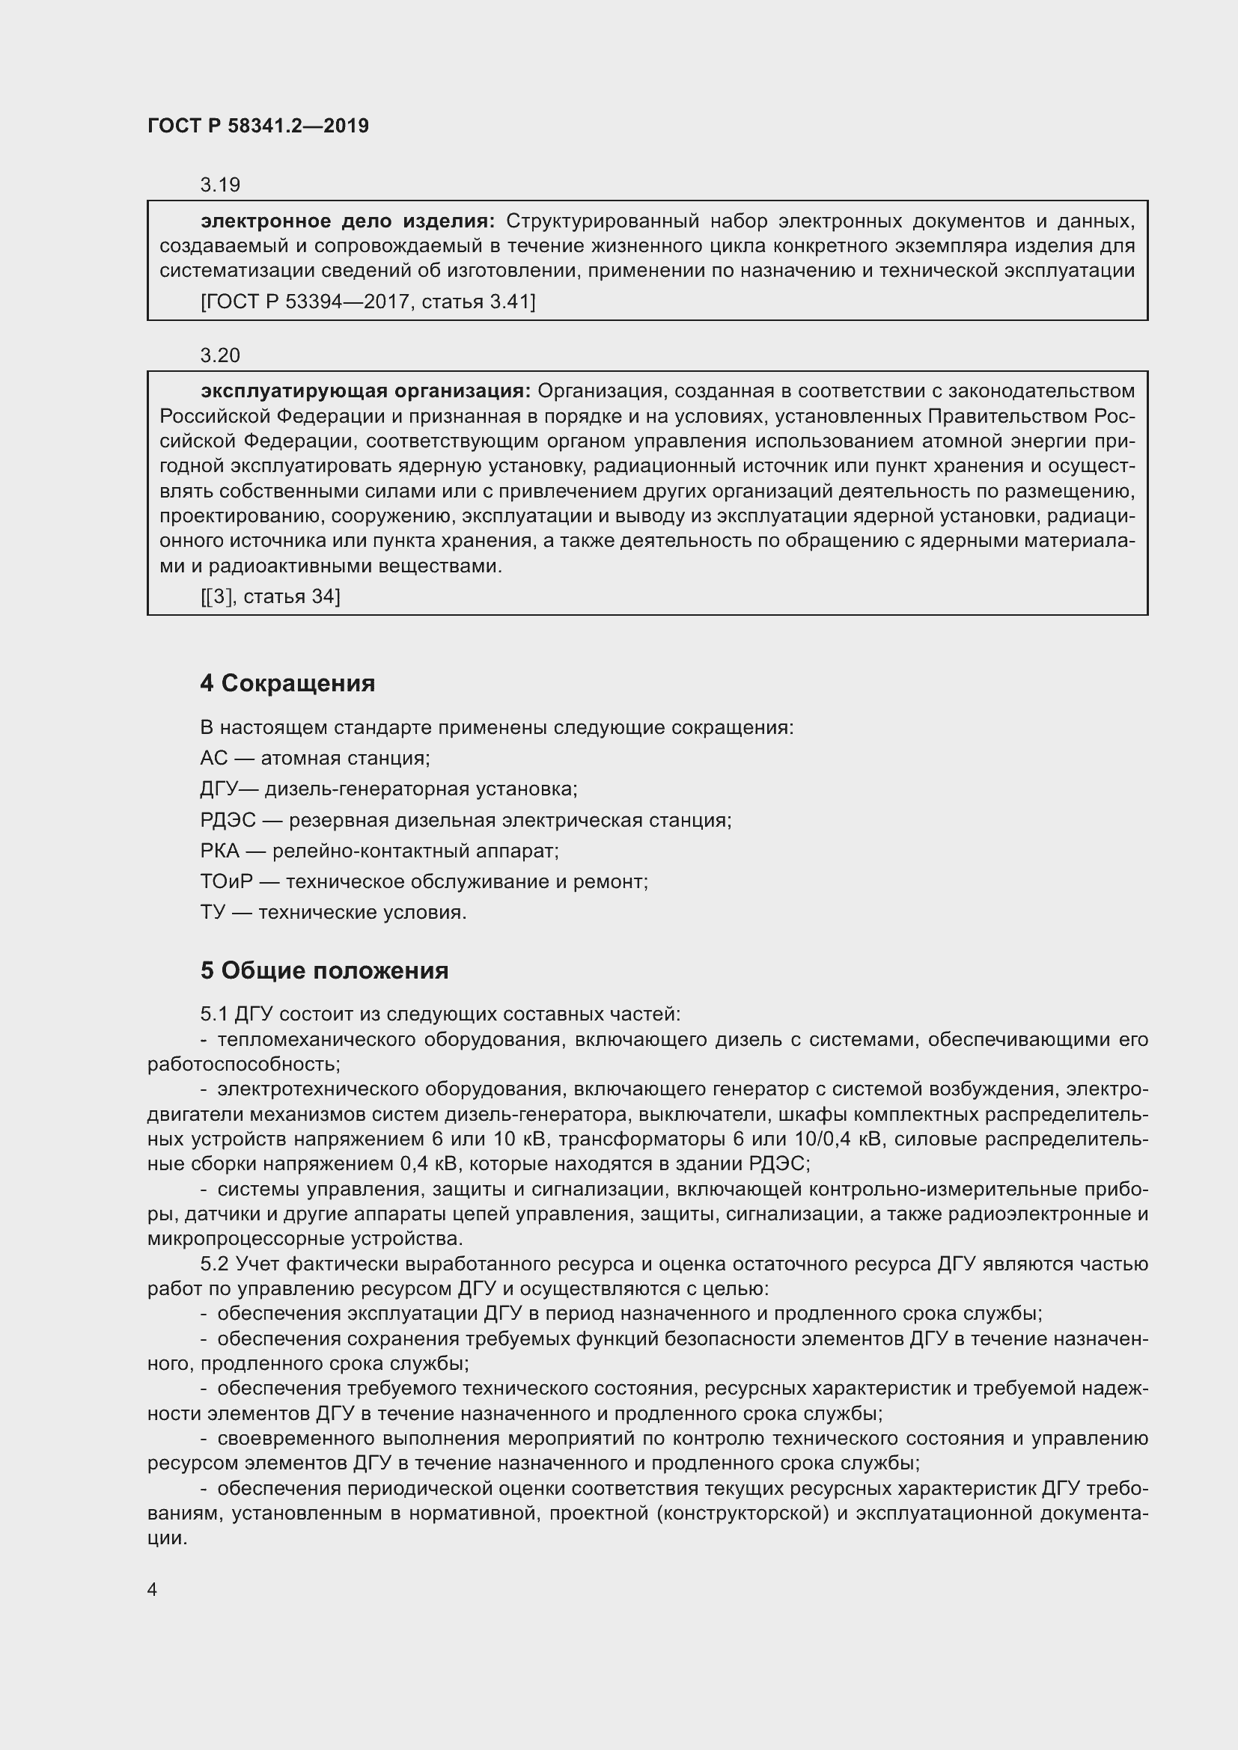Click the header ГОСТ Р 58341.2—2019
(x=257, y=126)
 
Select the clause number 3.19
(x=219, y=185)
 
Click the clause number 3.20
(x=219, y=355)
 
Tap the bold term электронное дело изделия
(x=347, y=221)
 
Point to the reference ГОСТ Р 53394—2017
(x=305, y=302)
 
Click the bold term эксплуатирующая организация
(x=365, y=391)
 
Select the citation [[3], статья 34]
(x=270, y=596)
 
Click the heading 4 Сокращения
(x=287, y=683)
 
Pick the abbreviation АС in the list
(x=213, y=758)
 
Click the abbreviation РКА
(x=219, y=851)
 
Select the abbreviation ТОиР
(x=225, y=882)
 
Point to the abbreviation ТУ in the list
(x=213, y=912)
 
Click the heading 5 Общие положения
(x=324, y=970)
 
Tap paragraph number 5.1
(x=214, y=1014)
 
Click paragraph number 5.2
(x=214, y=1264)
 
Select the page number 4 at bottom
(x=153, y=1589)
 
